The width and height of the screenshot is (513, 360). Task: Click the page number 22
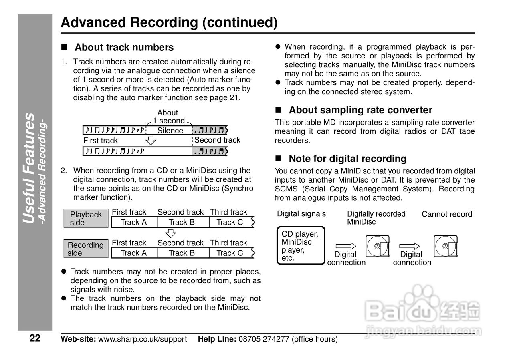point(35,338)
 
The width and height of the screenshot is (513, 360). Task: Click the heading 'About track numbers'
point(124,48)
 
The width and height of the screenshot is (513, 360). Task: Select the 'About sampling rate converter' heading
point(360,110)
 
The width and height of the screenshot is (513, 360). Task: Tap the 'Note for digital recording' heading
point(347,159)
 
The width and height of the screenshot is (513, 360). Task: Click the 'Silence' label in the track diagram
point(170,131)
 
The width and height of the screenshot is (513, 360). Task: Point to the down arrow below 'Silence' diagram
point(150,140)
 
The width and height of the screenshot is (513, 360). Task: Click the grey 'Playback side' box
point(86,219)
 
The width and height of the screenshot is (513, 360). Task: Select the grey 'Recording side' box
point(86,249)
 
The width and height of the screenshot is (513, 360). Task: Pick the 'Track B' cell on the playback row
point(182,222)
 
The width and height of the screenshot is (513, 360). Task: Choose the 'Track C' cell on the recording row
point(230,253)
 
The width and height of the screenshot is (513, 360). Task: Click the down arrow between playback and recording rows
point(171,233)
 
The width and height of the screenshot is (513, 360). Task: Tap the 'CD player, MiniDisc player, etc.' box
point(301,246)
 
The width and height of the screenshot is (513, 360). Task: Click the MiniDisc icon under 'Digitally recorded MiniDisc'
point(377,246)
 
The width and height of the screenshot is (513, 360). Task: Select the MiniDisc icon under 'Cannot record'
point(445,246)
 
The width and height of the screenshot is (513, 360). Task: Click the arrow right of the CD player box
point(345,246)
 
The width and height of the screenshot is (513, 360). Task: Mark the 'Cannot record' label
point(446,215)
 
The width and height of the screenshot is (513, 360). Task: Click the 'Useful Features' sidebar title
point(29,168)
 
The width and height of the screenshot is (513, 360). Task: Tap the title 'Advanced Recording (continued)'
point(169,22)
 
